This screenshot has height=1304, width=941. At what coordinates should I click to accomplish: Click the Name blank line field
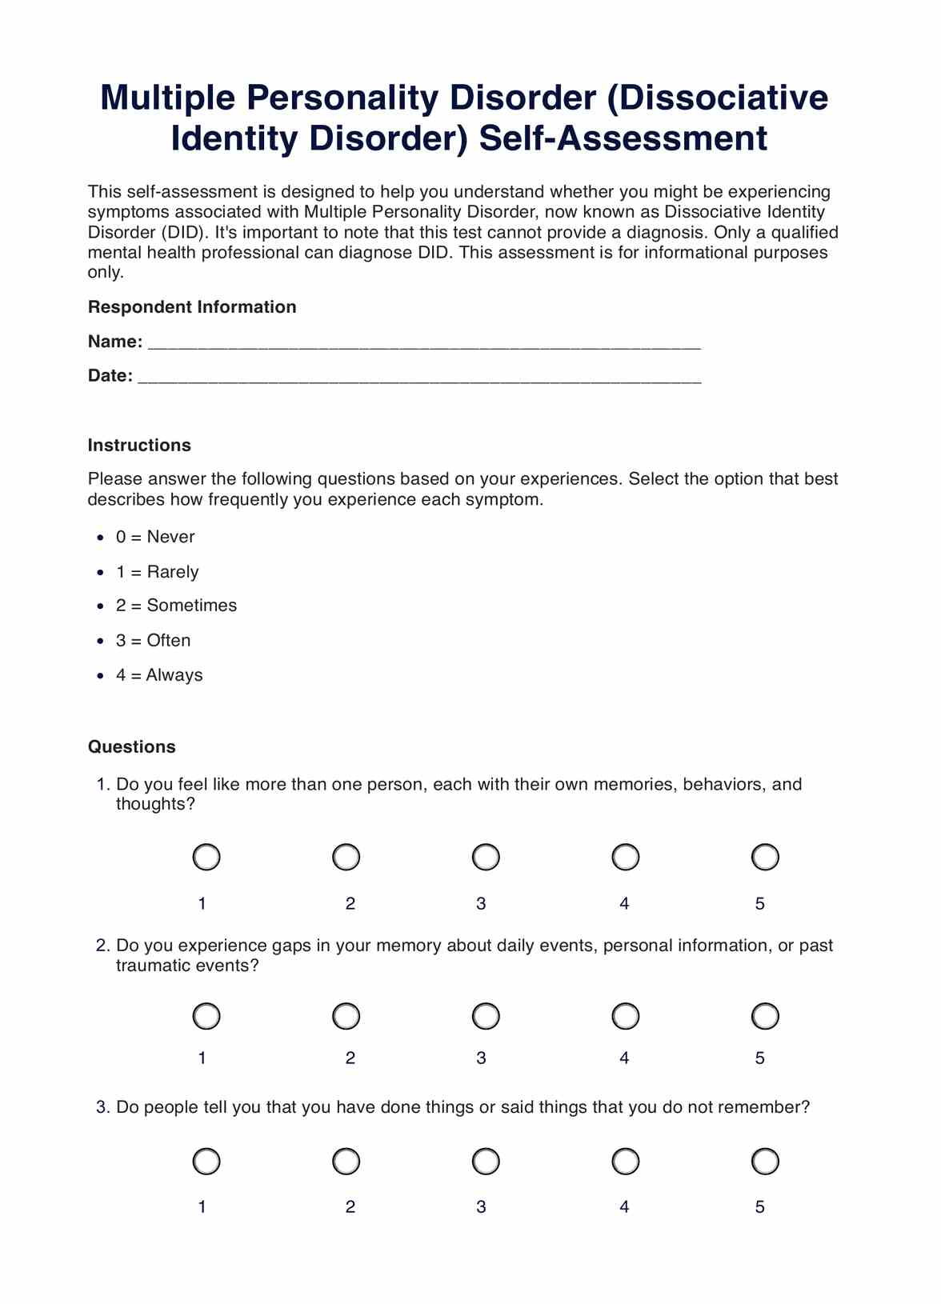tap(424, 344)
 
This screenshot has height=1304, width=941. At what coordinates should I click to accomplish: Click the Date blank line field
tap(419, 378)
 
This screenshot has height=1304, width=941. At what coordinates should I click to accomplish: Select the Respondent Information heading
tap(192, 307)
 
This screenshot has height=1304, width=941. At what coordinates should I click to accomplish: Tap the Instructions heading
tap(139, 446)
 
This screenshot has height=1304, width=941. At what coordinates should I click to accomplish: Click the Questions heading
tap(131, 747)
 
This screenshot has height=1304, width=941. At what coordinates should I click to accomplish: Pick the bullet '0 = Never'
tap(155, 538)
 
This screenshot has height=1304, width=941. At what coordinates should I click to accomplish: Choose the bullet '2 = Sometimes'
tap(176, 606)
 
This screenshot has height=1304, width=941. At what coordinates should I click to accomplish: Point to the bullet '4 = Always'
tap(159, 675)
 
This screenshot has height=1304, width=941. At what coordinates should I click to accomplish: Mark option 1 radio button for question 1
tap(206, 857)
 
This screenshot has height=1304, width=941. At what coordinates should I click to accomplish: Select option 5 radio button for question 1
tap(765, 857)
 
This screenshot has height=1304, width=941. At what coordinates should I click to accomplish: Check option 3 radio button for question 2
tap(486, 1016)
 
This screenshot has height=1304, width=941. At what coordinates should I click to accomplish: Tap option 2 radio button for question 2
tap(346, 1016)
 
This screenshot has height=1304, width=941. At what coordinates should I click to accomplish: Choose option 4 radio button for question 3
tap(625, 1161)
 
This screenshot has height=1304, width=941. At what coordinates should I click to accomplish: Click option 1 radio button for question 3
tap(206, 1161)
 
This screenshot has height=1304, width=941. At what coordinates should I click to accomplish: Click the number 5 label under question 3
tap(759, 1206)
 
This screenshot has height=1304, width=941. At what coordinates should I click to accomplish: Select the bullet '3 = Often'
tap(153, 641)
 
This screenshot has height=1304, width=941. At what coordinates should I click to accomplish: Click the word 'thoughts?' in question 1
tap(155, 804)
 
